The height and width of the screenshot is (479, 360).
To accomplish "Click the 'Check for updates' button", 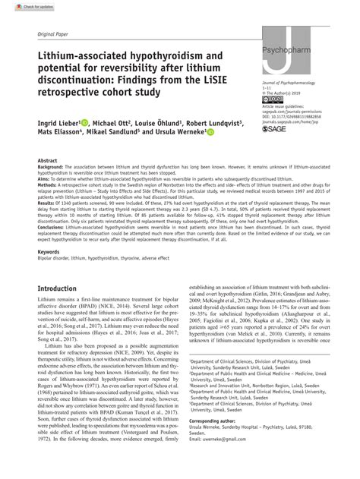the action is tap(21, 6).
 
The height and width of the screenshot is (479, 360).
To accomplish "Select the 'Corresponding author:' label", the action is tap(216, 440).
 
